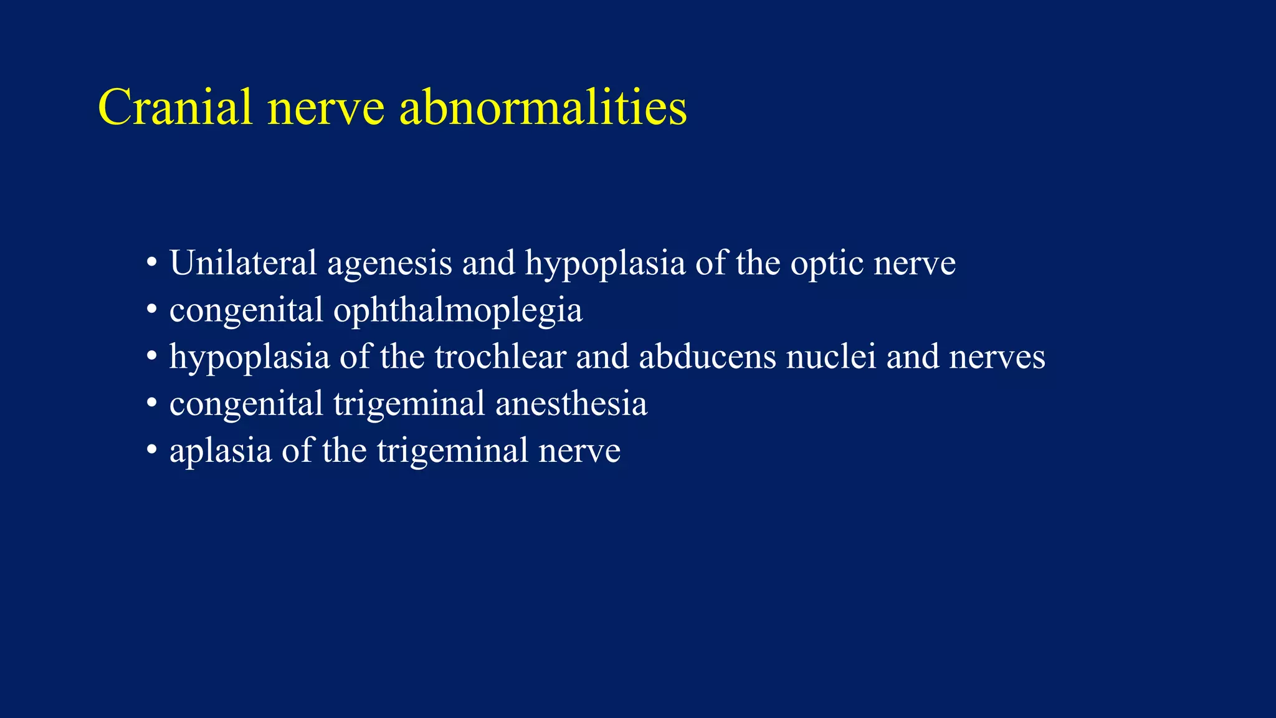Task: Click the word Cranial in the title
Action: pos(175,107)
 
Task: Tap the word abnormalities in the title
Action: pos(543,107)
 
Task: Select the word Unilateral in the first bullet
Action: pos(243,263)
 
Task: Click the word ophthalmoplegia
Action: pos(458,311)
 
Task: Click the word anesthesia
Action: pos(571,404)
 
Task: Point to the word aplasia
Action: pos(221,451)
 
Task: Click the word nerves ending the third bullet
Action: pos(997,357)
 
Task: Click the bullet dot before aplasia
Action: pos(151,450)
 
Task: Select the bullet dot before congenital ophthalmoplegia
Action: pos(151,310)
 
